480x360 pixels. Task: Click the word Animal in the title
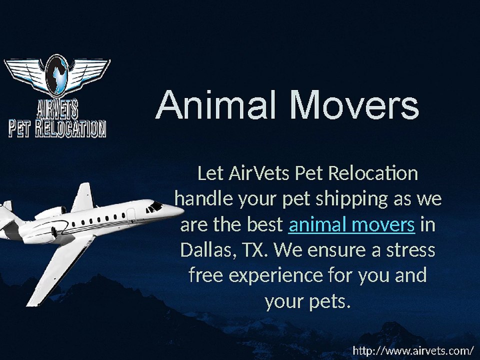[x=215, y=104]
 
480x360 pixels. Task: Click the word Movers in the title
[x=354, y=104]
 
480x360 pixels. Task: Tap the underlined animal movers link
[x=351, y=224]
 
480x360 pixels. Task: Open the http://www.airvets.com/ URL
[x=413, y=350]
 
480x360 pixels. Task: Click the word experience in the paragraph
[x=275, y=276]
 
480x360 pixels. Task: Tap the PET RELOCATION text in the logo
[x=57, y=128]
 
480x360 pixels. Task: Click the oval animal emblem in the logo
[x=57, y=74]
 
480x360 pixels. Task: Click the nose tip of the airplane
[x=183, y=210]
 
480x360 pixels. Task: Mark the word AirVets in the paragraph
[x=258, y=173]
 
